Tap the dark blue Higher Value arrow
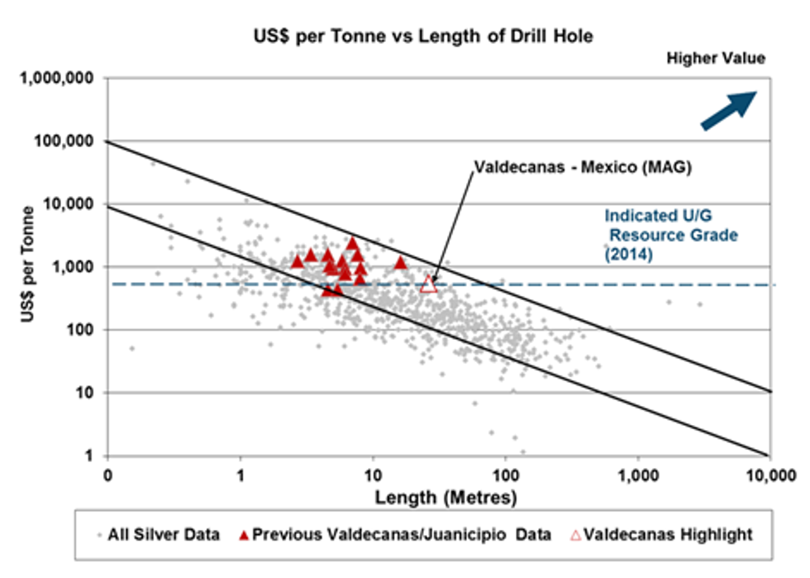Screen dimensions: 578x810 [x=728, y=110]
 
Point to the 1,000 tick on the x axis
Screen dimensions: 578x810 [x=637, y=475]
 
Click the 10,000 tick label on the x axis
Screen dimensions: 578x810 [x=769, y=475]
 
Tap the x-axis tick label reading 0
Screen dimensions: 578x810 [x=107, y=475]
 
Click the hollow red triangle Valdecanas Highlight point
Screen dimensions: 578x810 [x=428, y=284]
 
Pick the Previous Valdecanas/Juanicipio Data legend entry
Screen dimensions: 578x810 [x=397, y=535]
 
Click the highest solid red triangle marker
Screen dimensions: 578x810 [x=353, y=242]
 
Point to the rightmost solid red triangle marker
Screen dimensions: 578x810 [x=401, y=263]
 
